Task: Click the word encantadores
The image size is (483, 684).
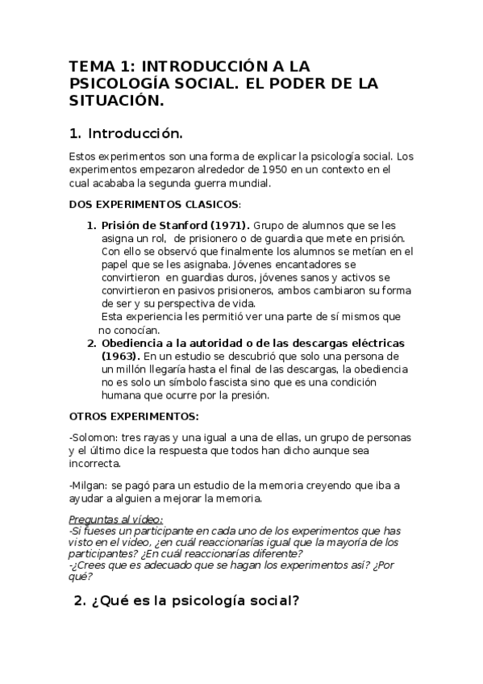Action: (301, 265)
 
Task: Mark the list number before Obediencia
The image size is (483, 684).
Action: (91, 344)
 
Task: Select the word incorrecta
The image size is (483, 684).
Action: (95, 465)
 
